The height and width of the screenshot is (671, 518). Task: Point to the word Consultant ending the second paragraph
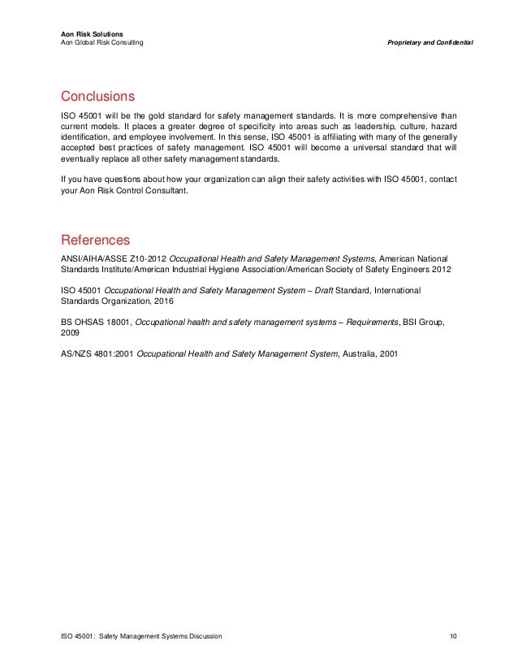(x=166, y=192)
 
